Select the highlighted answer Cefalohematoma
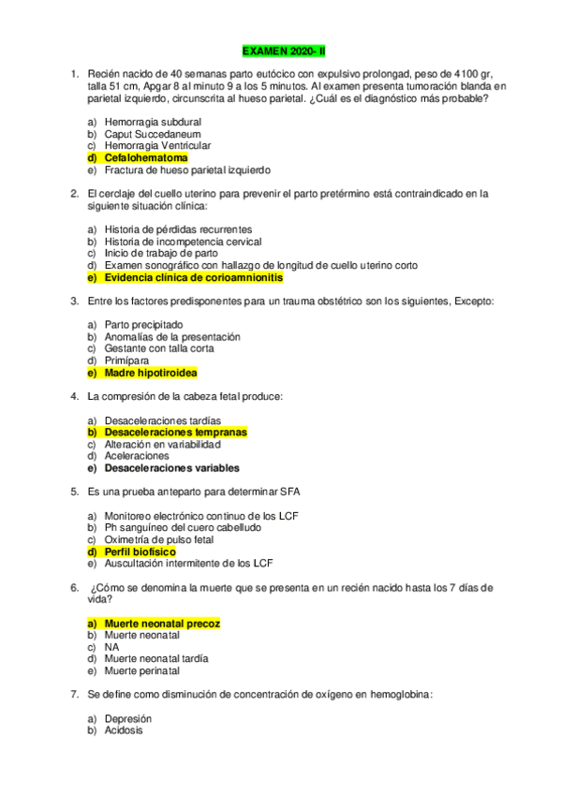pyautogui.click(x=145, y=158)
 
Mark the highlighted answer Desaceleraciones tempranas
pyautogui.click(x=175, y=433)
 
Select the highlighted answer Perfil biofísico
pyautogui.click(x=140, y=552)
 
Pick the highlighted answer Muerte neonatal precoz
pyautogui.click(x=162, y=624)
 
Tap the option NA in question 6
pyautogui.click(x=111, y=647)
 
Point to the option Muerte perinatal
pyautogui.click(x=142, y=671)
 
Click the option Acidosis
pyautogui.click(x=124, y=730)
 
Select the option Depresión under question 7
pyautogui.click(x=128, y=718)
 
